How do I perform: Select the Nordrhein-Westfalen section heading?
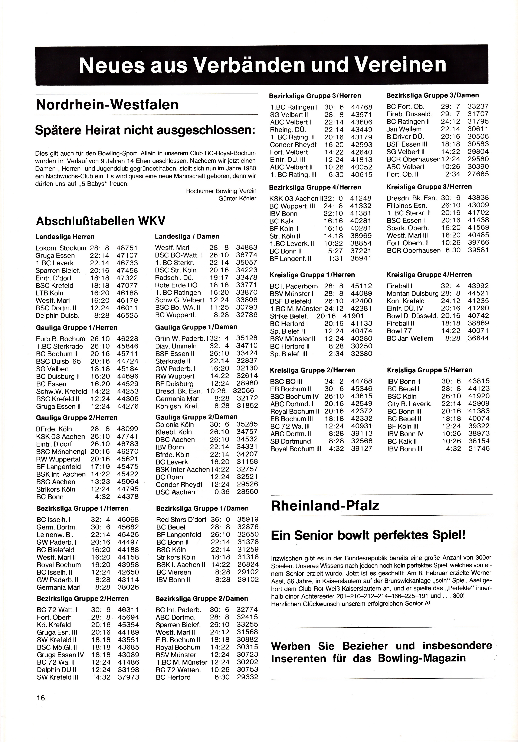[107, 105]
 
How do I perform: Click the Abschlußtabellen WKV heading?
[101, 221]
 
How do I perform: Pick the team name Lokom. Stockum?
[61, 248]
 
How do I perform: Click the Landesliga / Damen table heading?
[187, 237]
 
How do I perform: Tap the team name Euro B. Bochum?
[61, 339]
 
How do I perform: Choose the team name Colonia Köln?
[174, 425]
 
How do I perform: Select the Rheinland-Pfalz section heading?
[325, 506]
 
